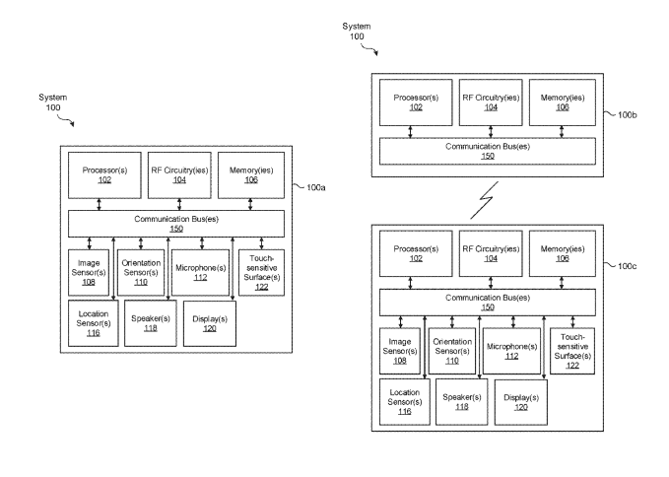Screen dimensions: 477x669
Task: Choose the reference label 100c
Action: point(629,265)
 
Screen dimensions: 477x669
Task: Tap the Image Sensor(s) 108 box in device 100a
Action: point(89,271)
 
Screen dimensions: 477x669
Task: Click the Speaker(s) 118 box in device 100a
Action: point(148,323)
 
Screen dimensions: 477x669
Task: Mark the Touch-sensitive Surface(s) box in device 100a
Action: point(261,271)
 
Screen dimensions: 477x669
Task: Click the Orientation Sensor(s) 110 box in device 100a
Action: point(141,271)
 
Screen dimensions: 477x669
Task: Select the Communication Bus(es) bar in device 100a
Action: point(175,223)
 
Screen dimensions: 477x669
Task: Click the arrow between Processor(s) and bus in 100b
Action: point(410,132)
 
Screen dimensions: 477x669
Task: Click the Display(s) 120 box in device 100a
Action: point(210,323)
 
